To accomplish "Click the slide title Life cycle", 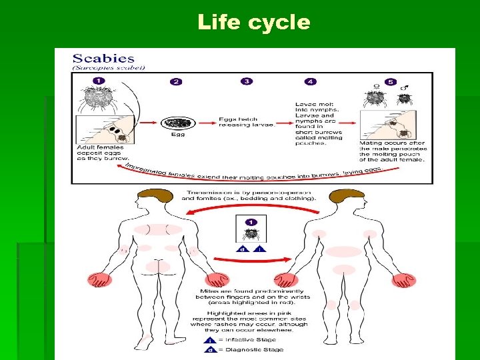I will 254,22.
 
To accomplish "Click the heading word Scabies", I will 103,59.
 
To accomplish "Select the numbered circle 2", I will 175,81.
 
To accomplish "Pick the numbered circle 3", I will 247,81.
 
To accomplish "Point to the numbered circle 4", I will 310,81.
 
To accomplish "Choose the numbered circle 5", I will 381,81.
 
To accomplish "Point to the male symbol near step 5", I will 403,87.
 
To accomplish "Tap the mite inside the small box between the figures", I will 252,234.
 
